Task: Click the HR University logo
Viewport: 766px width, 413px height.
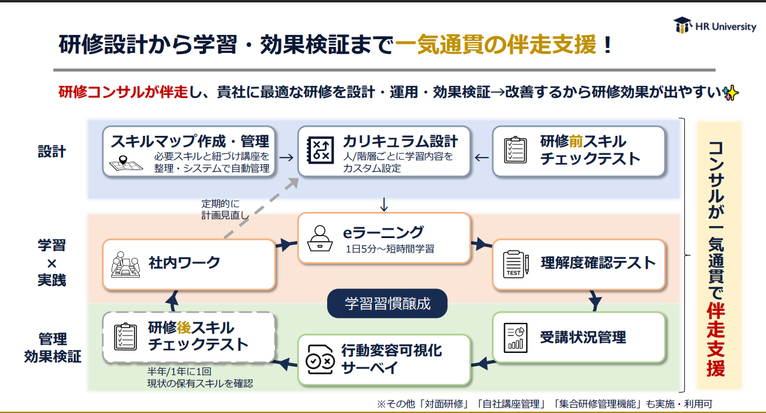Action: (x=715, y=25)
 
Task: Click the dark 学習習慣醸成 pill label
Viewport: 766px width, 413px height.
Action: (x=387, y=304)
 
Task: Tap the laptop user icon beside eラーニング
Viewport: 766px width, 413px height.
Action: (x=320, y=239)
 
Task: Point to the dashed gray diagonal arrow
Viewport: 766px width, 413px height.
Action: (x=262, y=207)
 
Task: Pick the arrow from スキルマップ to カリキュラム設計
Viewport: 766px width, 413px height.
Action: (x=286, y=158)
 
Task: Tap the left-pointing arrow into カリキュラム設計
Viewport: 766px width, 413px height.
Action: (x=481, y=158)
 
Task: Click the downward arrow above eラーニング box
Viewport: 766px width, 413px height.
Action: (x=384, y=204)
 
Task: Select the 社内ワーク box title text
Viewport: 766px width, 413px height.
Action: (x=184, y=263)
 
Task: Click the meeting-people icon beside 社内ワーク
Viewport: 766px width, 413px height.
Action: (x=125, y=265)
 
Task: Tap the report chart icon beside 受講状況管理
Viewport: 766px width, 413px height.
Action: (x=515, y=338)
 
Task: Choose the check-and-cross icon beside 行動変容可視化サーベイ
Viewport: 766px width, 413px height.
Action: (x=320, y=359)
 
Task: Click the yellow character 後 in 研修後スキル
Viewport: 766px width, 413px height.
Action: (x=184, y=328)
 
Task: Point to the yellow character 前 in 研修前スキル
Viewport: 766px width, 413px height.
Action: (x=576, y=141)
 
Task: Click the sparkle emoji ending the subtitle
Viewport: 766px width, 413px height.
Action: (x=731, y=93)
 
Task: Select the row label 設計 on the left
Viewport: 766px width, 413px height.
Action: (x=52, y=151)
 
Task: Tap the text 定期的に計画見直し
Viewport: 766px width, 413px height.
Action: (x=225, y=209)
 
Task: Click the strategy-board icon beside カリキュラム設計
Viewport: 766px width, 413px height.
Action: (x=321, y=150)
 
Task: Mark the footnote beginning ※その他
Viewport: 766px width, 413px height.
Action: (x=544, y=404)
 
